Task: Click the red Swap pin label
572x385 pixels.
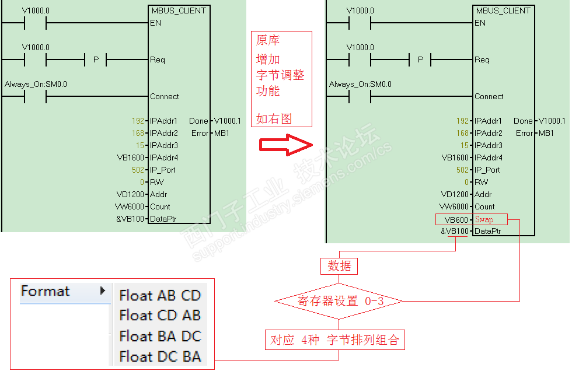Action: tap(484, 219)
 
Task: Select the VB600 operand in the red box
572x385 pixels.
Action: tap(456, 220)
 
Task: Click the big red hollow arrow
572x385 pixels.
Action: tap(287, 145)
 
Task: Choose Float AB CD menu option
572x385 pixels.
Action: tap(160, 295)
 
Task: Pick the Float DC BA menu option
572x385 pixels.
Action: tap(160, 356)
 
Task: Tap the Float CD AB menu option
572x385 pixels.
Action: tap(160, 315)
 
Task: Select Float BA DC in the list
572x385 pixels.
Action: tap(160, 336)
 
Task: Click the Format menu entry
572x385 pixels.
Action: tap(46, 291)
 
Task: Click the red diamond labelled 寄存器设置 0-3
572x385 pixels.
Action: tap(339, 301)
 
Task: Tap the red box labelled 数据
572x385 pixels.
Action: tap(339, 266)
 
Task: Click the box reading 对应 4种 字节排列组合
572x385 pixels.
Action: tap(334, 340)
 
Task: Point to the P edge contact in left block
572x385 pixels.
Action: tap(96, 60)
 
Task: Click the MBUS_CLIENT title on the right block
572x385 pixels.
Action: tap(503, 10)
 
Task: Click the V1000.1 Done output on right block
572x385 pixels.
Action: tap(552, 121)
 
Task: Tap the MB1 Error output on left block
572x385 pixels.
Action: tap(221, 133)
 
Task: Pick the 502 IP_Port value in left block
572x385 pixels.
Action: tap(138, 170)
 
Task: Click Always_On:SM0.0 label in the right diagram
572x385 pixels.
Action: tap(360, 85)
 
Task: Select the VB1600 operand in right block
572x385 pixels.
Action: tap(455, 157)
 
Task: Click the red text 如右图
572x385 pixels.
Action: tap(274, 119)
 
